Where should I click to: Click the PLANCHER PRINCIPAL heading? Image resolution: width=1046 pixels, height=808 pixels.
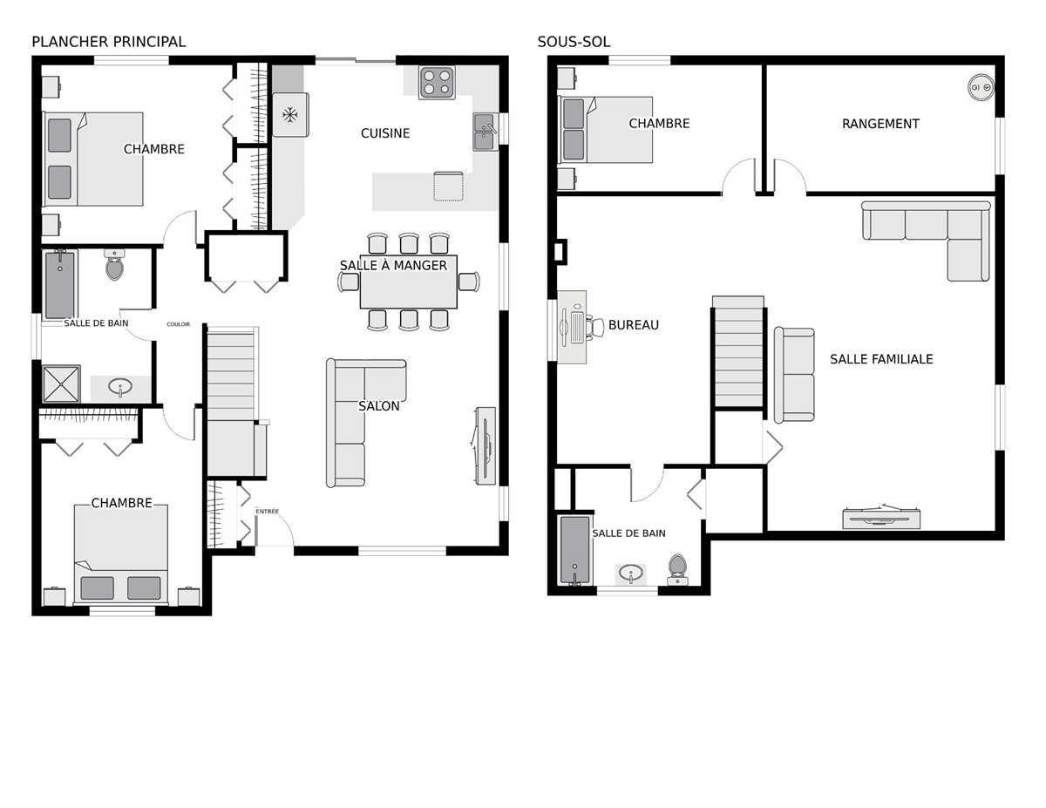point(108,42)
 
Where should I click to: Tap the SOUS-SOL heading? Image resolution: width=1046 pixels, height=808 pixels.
point(574,42)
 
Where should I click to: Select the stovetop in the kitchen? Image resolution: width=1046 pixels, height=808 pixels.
point(437,83)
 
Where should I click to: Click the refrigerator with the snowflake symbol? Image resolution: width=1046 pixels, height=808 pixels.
point(290,115)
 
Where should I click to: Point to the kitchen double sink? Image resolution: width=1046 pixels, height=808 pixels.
point(486,132)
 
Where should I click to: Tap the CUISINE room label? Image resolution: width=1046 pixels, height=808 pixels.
point(385,133)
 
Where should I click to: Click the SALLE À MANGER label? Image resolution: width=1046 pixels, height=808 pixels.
point(393,265)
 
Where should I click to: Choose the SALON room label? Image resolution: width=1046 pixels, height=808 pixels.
point(379,406)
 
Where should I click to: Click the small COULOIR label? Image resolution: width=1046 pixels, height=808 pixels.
point(178,324)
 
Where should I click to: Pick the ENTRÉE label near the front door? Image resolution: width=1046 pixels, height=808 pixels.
point(267,511)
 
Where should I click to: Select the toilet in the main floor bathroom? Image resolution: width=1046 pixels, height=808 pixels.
point(114,264)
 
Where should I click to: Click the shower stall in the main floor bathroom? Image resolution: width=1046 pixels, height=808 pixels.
point(61,384)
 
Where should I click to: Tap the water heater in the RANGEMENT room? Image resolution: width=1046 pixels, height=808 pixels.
point(981,87)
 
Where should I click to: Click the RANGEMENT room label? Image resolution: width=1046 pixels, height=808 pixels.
point(880,124)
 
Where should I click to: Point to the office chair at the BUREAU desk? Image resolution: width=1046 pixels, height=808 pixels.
point(595,327)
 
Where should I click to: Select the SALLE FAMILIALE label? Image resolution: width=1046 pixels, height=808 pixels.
point(881,359)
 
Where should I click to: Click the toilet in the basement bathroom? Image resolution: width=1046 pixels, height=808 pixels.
point(677,569)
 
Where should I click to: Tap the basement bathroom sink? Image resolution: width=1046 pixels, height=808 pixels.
point(630,574)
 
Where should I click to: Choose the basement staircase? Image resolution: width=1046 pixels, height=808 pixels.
point(738,352)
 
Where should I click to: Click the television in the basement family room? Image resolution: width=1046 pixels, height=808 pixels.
point(881,518)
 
